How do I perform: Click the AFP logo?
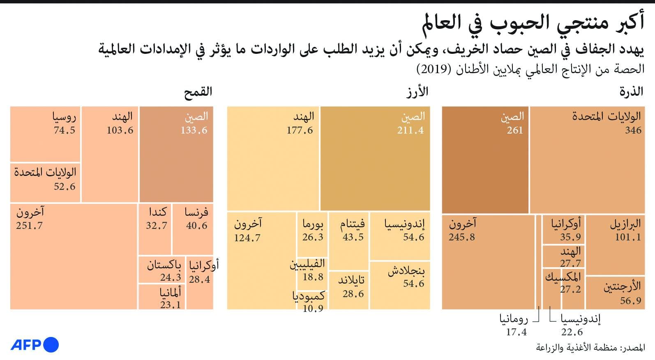point(35,344)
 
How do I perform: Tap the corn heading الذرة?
point(631,92)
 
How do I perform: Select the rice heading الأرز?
point(417,92)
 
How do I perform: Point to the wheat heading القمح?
point(198,92)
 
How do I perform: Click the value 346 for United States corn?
point(633,130)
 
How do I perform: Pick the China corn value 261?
point(514,130)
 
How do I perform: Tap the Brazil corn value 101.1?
point(627,237)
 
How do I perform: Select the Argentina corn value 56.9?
point(630,301)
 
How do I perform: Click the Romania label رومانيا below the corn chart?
point(514,319)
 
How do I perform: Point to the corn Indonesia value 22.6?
point(572,332)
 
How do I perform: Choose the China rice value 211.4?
point(410,130)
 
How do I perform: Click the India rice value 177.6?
point(300,130)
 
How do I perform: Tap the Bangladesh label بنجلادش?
point(406,271)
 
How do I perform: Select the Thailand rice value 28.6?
point(353,294)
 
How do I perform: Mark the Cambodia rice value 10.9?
point(313,309)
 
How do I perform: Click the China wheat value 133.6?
point(194,130)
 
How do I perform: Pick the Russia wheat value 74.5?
point(65,130)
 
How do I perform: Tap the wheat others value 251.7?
point(29,226)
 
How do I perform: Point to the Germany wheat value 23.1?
point(170,305)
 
